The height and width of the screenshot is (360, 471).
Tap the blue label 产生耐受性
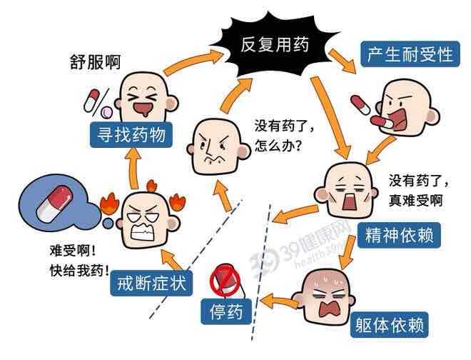point(410,54)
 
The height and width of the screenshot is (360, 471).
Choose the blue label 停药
point(226,312)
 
